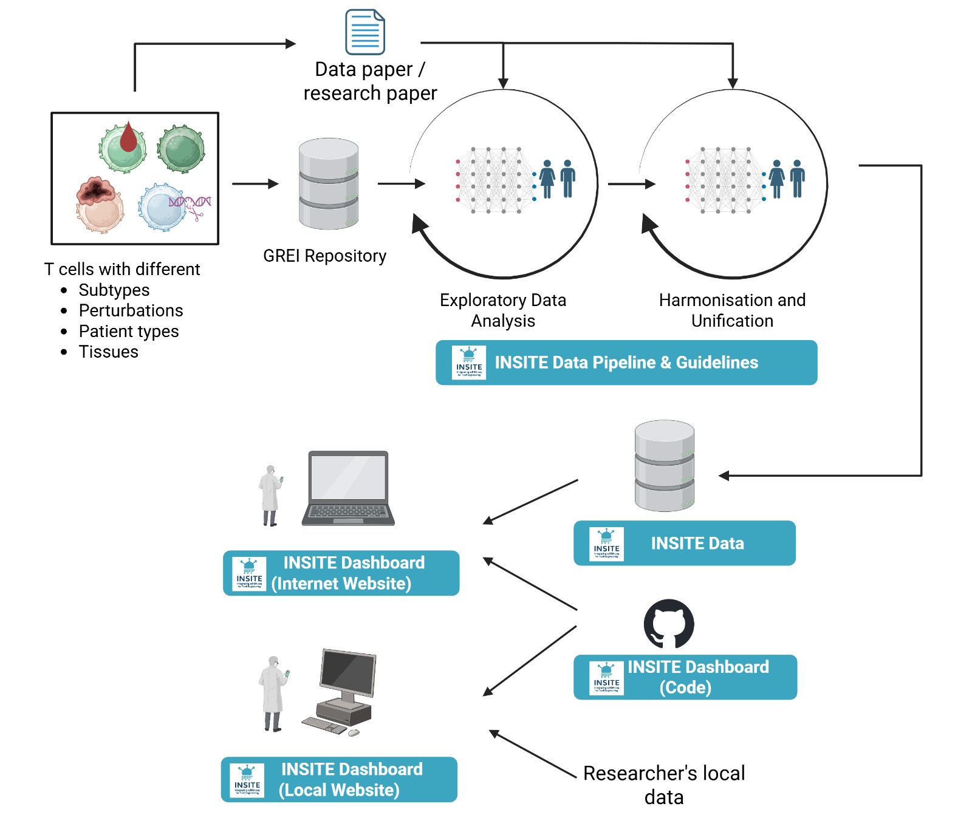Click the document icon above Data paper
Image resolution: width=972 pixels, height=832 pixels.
point(364,32)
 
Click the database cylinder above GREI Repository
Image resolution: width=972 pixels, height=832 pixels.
point(329,184)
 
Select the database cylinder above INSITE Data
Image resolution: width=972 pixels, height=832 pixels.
point(664,466)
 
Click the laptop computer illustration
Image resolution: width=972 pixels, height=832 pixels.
point(348,488)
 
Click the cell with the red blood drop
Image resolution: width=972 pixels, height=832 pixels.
point(123,148)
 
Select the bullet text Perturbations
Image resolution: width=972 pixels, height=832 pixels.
point(131,310)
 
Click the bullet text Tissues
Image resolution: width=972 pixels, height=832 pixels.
point(108,352)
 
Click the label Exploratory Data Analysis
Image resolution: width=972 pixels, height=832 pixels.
point(503,310)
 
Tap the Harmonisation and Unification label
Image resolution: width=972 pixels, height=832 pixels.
point(732,310)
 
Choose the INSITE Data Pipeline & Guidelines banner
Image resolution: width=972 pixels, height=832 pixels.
point(626,363)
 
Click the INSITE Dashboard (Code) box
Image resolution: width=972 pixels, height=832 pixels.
point(685,677)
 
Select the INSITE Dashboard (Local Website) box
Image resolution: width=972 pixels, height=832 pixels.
point(339,779)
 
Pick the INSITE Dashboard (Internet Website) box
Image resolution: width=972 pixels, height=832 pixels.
point(341,573)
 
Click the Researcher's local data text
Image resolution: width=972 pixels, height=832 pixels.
point(663,785)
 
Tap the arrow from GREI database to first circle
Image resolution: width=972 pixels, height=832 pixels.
point(401,183)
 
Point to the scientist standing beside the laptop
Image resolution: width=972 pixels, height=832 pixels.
point(269,496)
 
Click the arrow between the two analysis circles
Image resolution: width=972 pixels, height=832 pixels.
point(631,183)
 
